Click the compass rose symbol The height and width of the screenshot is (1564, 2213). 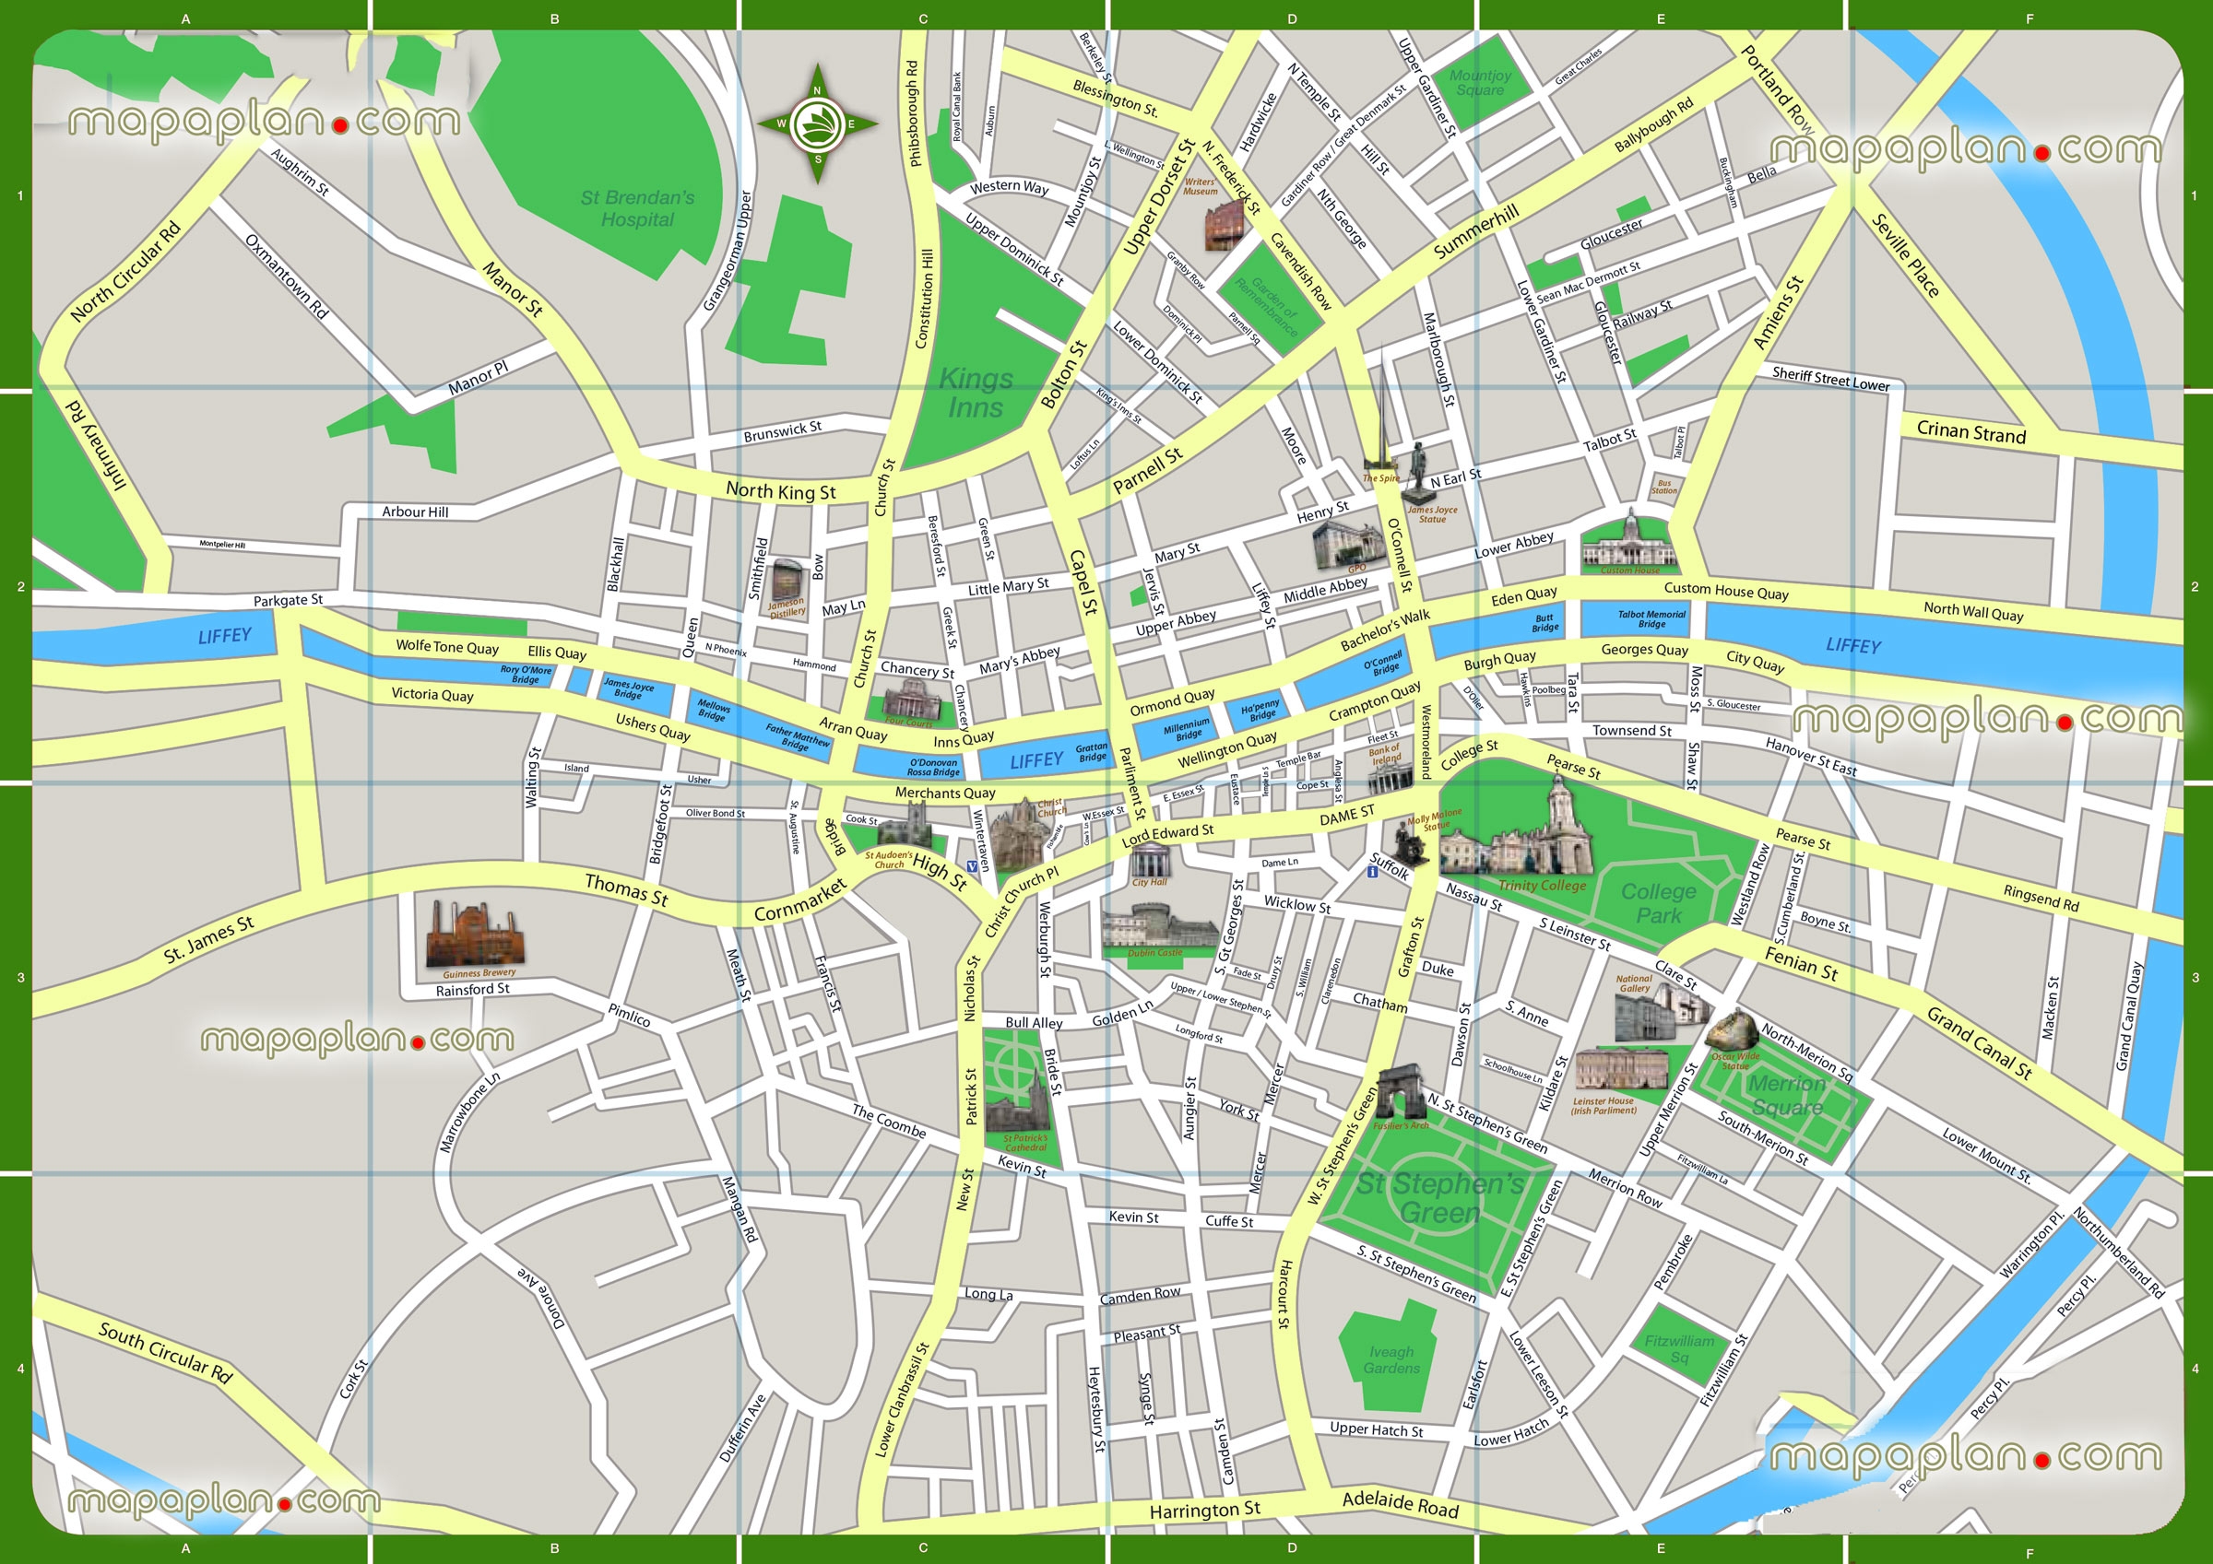[x=817, y=123]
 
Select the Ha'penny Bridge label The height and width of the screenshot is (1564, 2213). [x=1260, y=711]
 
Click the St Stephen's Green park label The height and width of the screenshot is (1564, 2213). [x=1440, y=1198]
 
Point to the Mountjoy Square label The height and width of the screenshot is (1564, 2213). [x=1480, y=82]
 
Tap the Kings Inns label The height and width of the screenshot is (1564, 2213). [x=976, y=394]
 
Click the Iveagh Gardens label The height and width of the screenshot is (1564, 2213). [x=1391, y=1359]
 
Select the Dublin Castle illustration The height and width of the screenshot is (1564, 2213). [x=1159, y=926]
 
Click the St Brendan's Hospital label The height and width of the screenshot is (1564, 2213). [x=637, y=208]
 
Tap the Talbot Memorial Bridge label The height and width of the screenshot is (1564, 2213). [x=1651, y=618]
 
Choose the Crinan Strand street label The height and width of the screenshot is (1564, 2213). [x=1971, y=432]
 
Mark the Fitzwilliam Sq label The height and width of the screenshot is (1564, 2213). [x=1679, y=1349]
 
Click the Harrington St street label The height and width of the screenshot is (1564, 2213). [x=1204, y=1510]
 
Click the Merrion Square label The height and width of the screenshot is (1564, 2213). [x=1787, y=1095]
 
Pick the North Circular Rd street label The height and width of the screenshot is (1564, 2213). [x=125, y=272]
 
